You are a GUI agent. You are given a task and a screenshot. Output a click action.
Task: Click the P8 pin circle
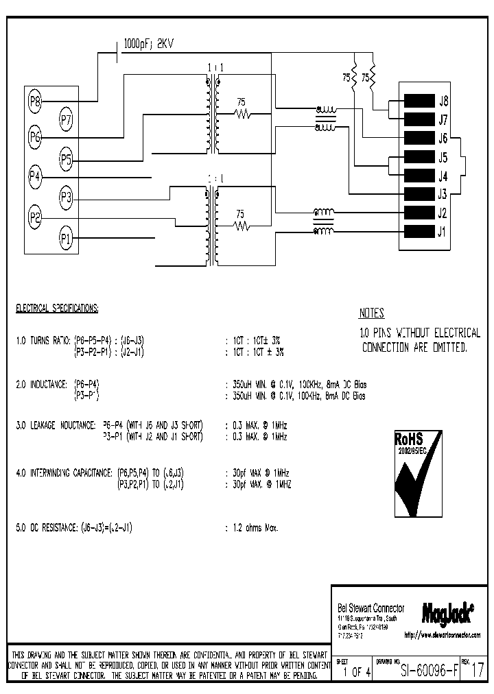click(35, 102)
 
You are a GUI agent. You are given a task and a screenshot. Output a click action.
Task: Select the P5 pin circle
click(66, 160)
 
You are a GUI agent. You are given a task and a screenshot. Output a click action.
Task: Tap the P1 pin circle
click(66, 239)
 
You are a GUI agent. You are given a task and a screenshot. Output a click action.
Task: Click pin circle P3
click(66, 198)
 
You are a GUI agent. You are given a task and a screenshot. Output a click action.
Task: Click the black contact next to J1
click(419, 231)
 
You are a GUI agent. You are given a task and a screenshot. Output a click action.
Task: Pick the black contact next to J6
click(419, 138)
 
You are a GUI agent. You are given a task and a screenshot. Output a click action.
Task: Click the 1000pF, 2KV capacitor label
click(148, 44)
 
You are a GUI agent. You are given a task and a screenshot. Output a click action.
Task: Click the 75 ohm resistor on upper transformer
click(242, 114)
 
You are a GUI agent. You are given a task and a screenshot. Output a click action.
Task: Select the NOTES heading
click(372, 313)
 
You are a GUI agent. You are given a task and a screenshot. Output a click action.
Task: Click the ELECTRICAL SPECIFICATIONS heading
click(57, 309)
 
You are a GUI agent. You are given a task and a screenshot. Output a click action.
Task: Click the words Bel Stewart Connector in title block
click(371, 608)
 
